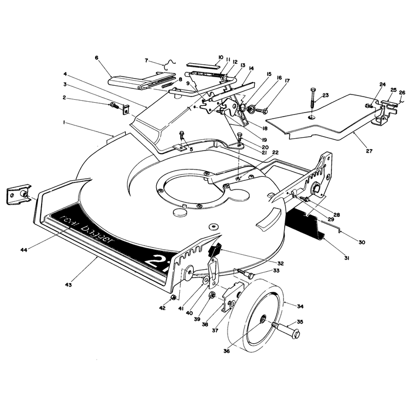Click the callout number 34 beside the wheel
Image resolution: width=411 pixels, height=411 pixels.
(x=300, y=306)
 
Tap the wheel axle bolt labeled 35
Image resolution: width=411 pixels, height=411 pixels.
(x=287, y=329)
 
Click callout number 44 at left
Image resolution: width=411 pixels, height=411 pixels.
(x=24, y=250)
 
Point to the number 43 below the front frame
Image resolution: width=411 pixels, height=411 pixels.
(x=68, y=285)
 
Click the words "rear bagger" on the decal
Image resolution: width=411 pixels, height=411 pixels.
(x=86, y=229)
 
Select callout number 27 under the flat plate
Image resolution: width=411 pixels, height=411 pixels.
(x=369, y=151)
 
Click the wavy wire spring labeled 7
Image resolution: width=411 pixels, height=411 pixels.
(x=170, y=65)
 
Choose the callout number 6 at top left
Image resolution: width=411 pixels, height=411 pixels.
(x=97, y=58)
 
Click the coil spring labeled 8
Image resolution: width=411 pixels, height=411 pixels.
(x=168, y=85)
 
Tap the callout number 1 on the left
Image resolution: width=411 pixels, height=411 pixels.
(x=64, y=122)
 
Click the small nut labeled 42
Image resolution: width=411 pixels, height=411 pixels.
(x=173, y=297)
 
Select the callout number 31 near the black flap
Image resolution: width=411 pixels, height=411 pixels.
(x=347, y=258)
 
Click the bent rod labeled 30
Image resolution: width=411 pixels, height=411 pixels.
(x=328, y=227)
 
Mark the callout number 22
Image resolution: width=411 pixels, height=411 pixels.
(x=275, y=153)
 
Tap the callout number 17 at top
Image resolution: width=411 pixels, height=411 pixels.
(x=287, y=81)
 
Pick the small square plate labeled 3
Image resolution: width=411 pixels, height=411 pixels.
(x=126, y=110)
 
